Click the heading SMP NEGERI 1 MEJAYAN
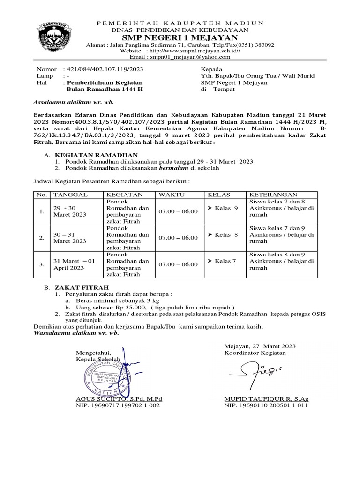point(180,37)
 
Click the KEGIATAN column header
point(125,194)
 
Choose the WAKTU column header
point(172,194)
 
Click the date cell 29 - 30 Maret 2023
point(70,211)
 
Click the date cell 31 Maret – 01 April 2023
point(74,264)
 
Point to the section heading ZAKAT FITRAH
point(82,286)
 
